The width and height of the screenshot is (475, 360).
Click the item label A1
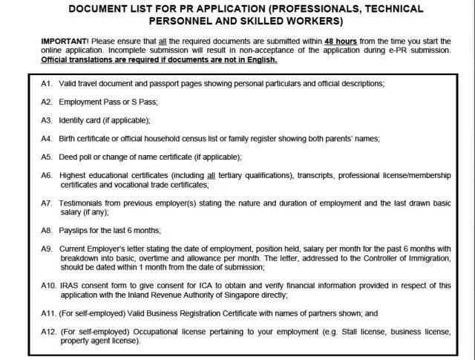(47, 84)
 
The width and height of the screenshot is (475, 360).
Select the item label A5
(47, 157)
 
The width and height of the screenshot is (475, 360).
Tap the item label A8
(47, 230)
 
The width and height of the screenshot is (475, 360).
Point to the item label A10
(49, 285)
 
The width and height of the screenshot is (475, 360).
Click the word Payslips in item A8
(75, 230)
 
